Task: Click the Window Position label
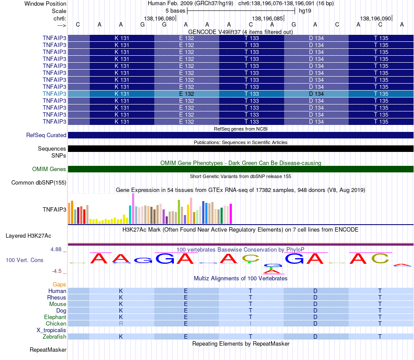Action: coord(45,3)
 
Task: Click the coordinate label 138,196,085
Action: coord(268,18)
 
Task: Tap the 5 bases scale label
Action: coord(175,11)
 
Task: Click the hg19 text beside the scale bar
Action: coord(305,11)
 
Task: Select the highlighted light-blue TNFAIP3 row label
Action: coord(54,94)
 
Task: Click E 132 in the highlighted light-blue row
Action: coord(187,94)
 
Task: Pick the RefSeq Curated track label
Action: coord(46,135)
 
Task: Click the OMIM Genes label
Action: coord(49,169)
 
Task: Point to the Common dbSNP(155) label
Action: coord(39,182)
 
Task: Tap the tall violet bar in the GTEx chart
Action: coord(133,209)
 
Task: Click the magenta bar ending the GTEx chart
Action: coord(231,214)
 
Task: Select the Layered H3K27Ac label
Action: coord(28,236)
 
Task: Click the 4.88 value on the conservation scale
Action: coord(56,249)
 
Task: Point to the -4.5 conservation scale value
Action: coord(57,271)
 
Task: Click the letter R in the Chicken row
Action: coord(121,323)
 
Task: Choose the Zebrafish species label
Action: coord(54,336)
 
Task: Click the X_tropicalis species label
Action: coord(51,330)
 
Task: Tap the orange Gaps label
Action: coord(59,284)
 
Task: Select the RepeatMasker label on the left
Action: coord(48,350)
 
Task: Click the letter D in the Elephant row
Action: coord(315,317)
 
